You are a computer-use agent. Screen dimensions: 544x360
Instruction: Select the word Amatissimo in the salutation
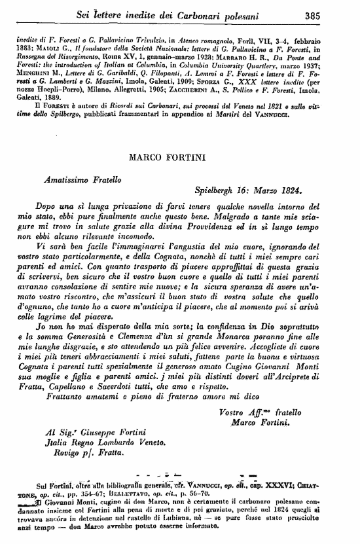(x=65, y=177)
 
